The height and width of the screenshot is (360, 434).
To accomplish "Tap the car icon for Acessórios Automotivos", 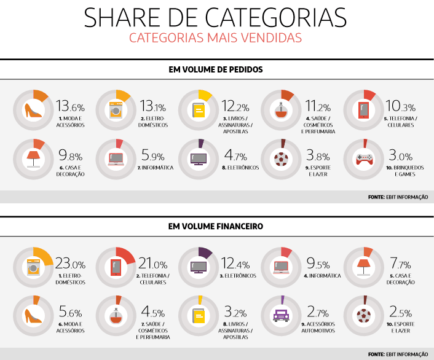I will pyautogui.click(x=281, y=316).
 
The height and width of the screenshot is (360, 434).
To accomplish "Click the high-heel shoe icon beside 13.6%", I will pyautogui.click(x=32, y=111).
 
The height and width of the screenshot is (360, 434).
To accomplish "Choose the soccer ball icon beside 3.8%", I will pyautogui.click(x=281, y=159).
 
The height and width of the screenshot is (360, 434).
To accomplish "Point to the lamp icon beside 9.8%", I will pyautogui.click(x=32, y=159).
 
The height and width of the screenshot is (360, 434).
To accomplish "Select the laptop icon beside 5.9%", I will pyautogui.click(x=115, y=159).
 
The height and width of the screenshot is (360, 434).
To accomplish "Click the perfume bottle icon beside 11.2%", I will pyautogui.click(x=281, y=111).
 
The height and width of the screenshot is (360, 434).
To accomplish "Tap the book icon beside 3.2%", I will pyautogui.click(x=198, y=316).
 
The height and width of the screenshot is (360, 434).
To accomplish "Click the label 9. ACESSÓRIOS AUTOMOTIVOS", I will pyautogui.click(x=317, y=327).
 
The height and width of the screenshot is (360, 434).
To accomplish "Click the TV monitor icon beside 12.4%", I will pyautogui.click(x=198, y=267).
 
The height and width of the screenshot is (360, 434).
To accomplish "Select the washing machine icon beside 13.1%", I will pyautogui.click(x=115, y=111).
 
